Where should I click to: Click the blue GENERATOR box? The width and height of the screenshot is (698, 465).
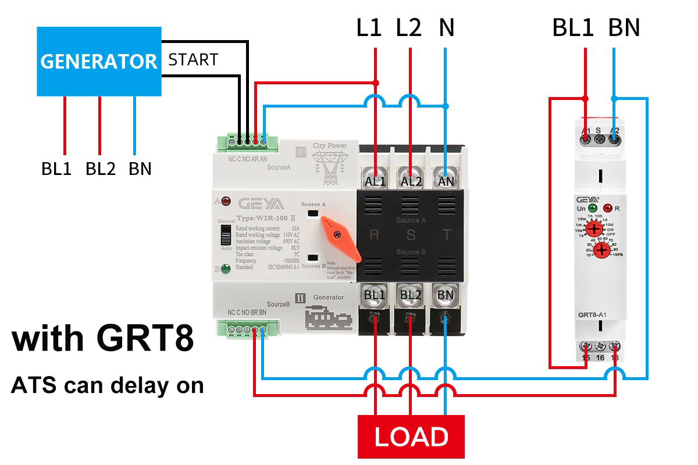pyautogui.click(x=99, y=61)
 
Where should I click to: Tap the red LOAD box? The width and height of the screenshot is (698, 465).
pyautogui.click(x=411, y=437)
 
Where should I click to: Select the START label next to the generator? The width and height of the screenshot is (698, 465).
pyautogui.click(x=193, y=60)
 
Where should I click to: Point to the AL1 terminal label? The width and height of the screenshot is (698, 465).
pyautogui.click(x=376, y=181)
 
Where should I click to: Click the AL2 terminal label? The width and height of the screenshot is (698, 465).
pyautogui.click(x=411, y=181)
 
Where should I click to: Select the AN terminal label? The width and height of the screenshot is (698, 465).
pyautogui.click(x=446, y=181)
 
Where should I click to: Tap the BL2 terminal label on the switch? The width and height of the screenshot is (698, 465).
pyautogui.click(x=411, y=295)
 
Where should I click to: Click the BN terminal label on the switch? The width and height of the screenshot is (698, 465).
pyautogui.click(x=446, y=295)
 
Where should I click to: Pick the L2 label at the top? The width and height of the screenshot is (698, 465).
pyautogui.click(x=408, y=28)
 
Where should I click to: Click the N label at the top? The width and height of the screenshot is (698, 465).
pyautogui.click(x=446, y=28)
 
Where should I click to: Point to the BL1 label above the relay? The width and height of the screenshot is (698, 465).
pyautogui.click(x=573, y=28)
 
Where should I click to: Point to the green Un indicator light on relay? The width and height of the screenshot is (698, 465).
pyautogui.click(x=592, y=208)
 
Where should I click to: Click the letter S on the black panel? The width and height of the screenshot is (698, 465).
pyautogui.click(x=411, y=235)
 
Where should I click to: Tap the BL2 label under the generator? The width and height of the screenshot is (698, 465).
pyautogui.click(x=100, y=169)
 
